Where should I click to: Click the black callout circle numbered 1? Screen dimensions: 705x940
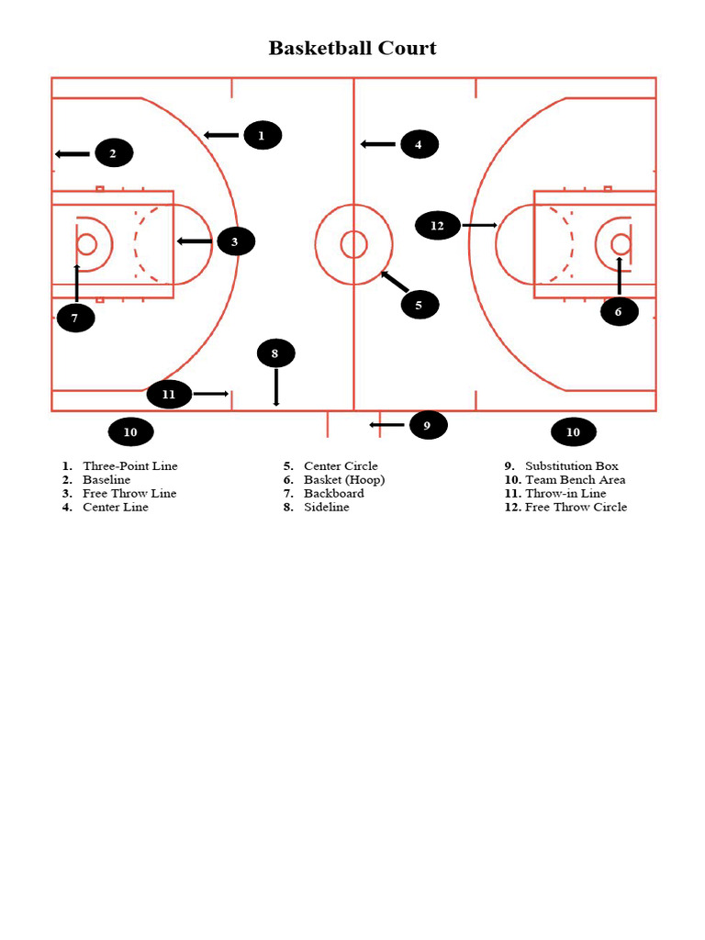click(262, 135)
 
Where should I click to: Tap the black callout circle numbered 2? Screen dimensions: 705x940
click(114, 153)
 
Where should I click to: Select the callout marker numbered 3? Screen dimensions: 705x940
click(235, 241)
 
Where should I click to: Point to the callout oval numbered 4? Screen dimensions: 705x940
click(419, 144)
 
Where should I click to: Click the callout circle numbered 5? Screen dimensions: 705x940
click(420, 305)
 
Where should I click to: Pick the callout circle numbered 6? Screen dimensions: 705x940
click(619, 311)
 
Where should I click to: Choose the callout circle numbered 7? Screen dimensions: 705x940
click(75, 318)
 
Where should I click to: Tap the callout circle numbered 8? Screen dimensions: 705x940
click(275, 352)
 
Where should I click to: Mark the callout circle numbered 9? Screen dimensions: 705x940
click(427, 425)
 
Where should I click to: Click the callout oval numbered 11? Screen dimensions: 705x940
click(169, 395)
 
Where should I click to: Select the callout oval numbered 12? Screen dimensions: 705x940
click(438, 225)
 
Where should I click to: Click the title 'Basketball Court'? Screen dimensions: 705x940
click(352, 48)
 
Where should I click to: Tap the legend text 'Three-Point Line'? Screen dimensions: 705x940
click(130, 466)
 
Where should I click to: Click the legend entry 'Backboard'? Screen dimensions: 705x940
click(334, 494)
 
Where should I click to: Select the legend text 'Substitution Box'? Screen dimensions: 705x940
click(572, 466)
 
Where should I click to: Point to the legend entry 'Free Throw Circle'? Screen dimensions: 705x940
click(576, 508)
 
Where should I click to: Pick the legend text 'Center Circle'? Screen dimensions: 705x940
click(341, 466)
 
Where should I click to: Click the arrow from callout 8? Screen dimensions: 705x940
click(275, 386)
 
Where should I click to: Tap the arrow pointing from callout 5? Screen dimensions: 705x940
click(395, 282)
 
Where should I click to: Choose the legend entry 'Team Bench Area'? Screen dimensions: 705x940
click(575, 480)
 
